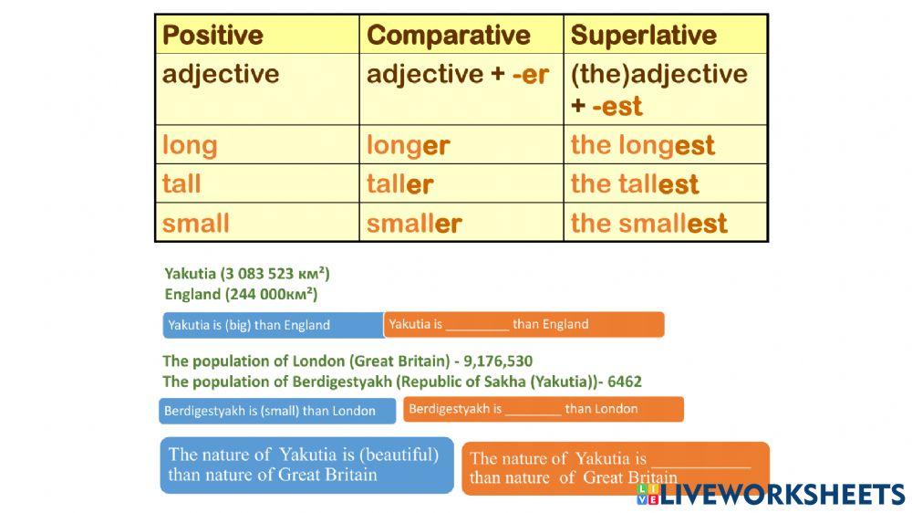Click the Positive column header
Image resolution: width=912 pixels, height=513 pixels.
(212, 36)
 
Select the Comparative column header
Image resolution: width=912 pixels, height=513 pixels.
(448, 36)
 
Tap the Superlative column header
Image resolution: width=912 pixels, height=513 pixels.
(643, 36)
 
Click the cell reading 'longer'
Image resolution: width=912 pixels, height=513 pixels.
(408, 145)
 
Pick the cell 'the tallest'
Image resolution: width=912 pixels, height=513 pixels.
(634, 183)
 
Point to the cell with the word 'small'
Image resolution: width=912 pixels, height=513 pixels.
(195, 223)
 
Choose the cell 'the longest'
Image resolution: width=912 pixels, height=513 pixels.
(642, 145)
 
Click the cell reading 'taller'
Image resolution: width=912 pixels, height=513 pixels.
(399, 183)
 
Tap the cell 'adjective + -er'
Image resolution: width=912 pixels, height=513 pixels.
(457, 75)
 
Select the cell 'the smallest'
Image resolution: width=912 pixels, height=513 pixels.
(648, 223)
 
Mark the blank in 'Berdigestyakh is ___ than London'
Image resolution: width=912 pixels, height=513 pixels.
(533, 410)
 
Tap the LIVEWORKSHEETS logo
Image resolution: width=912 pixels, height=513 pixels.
(771, 494)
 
